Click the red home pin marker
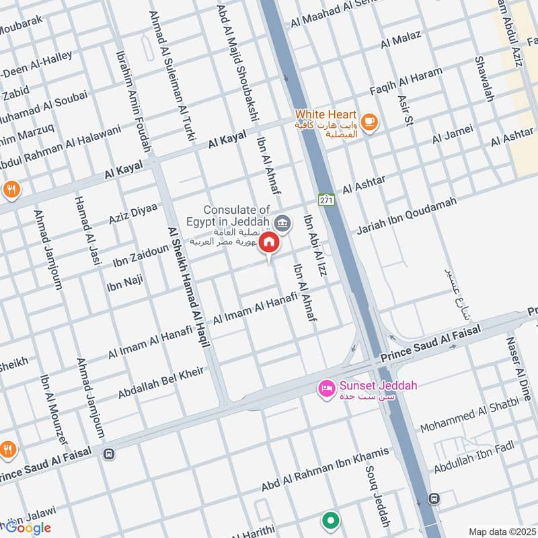(x=269, y=243)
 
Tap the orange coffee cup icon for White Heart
(x=369, y=121)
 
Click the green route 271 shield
(x=327, y=200)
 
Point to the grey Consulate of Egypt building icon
(x=283, y=223)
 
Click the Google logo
(x=28, y=527)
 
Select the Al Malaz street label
(x=401, y=40)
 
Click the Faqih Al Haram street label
(x=406, y=82)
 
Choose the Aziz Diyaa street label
(x=132, y=213)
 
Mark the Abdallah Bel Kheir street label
(x=161, y=383)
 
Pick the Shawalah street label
(x=484, y=79)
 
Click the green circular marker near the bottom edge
(x=330, y=521)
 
